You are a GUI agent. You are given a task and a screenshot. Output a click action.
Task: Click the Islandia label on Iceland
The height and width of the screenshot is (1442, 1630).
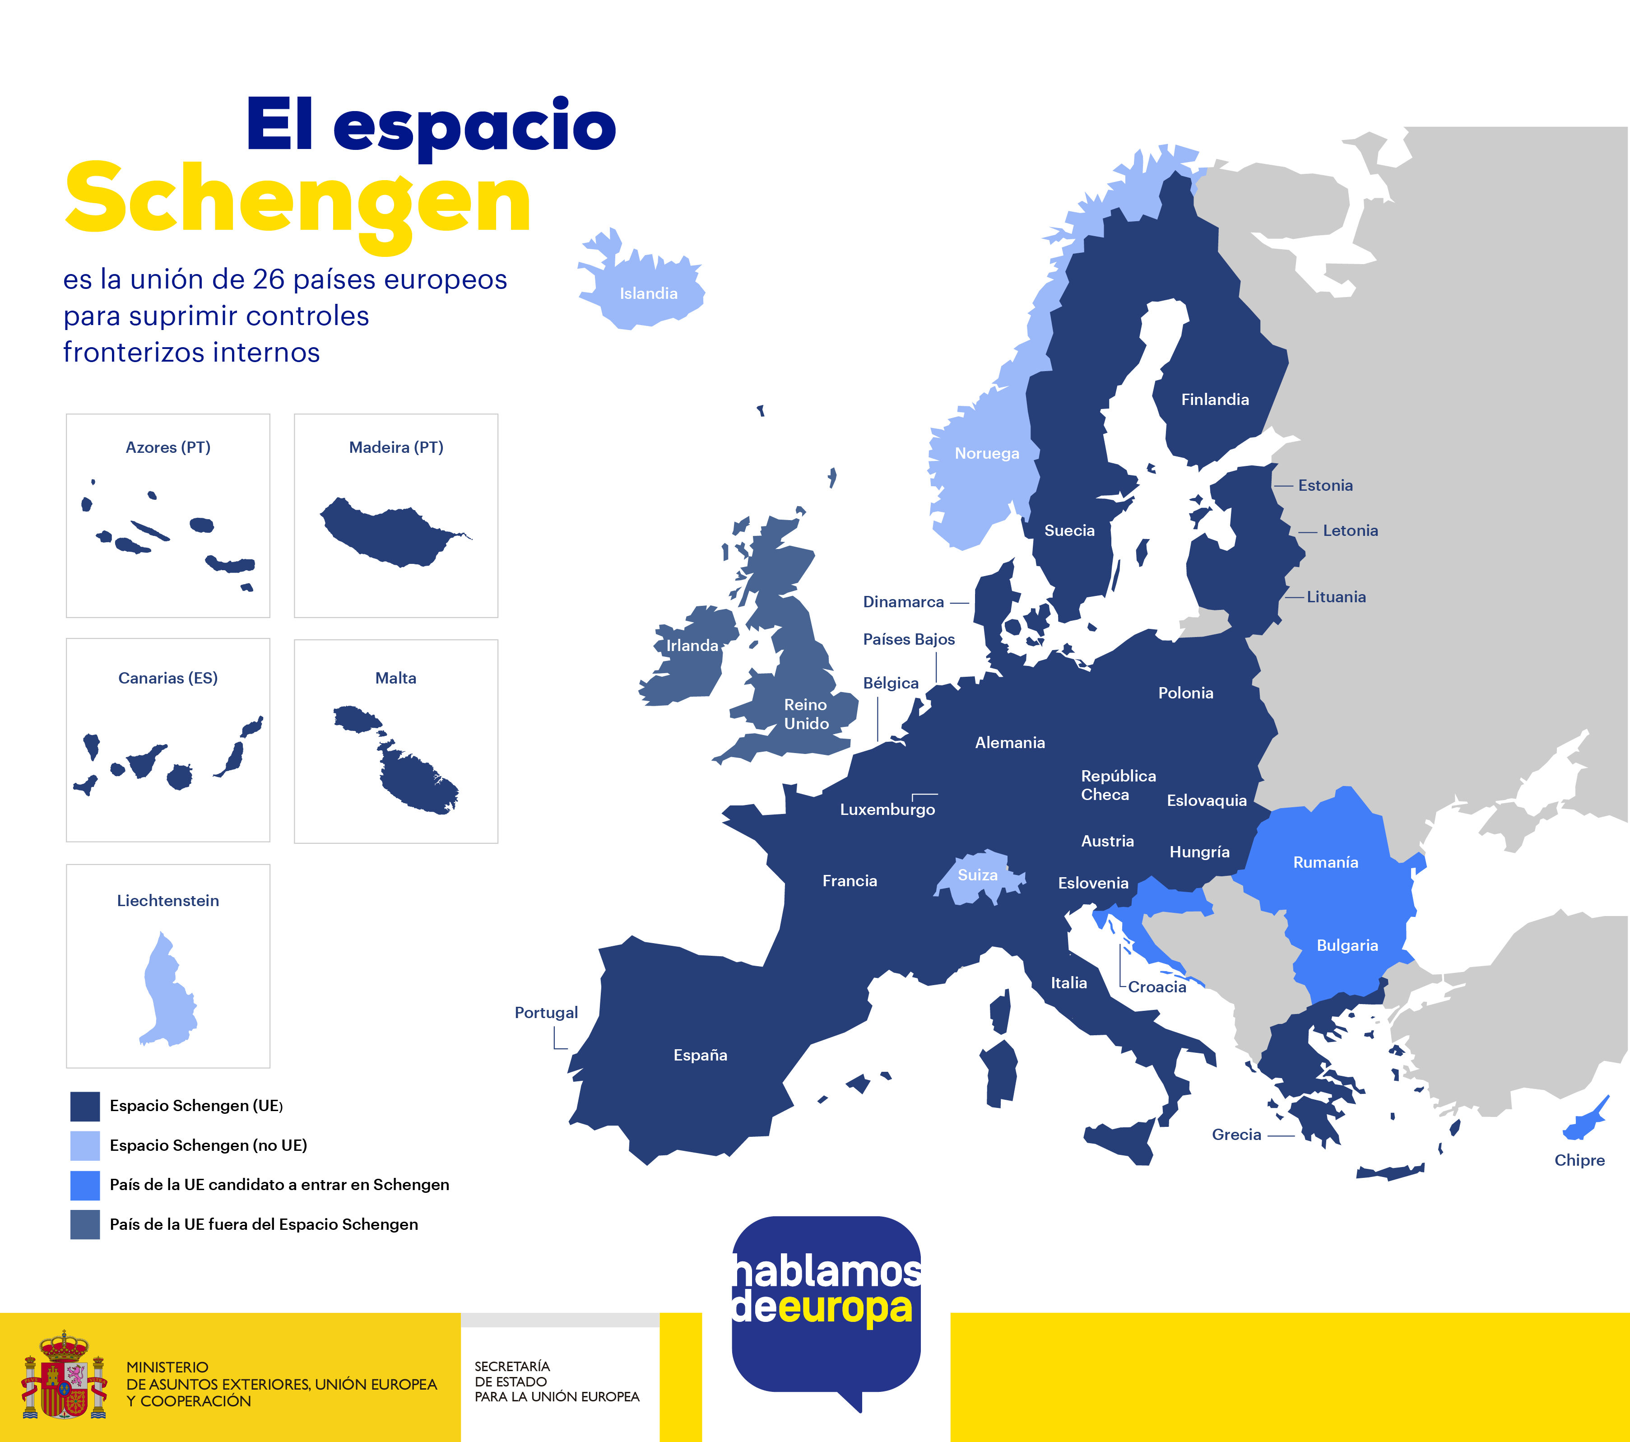click(648, 293)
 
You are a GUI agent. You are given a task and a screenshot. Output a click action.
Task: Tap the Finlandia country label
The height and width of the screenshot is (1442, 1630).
click(1215, 400)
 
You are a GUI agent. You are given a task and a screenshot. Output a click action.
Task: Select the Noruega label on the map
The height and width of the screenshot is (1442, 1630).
click(986, 453)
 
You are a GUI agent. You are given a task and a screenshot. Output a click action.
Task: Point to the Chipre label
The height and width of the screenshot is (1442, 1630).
click(1579, 1160)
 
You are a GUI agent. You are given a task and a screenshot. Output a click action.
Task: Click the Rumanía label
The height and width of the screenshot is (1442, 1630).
click(1325, 862)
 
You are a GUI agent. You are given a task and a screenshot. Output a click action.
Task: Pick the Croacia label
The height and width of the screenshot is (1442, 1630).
click(1156, 987)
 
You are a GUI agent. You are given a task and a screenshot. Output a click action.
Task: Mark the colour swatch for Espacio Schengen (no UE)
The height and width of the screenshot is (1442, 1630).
click(85, 1145)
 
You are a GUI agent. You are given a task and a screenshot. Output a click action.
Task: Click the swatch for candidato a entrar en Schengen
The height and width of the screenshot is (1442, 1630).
click(85, 1185)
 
